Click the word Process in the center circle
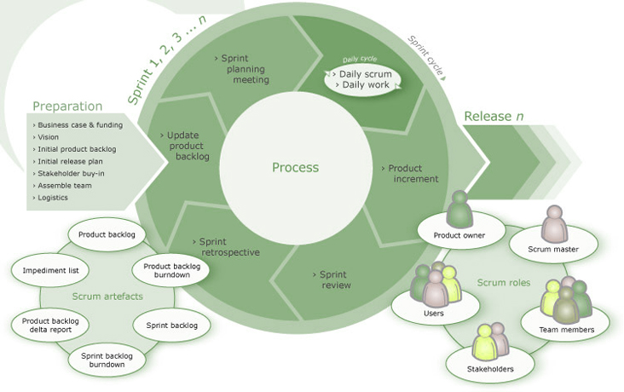(x=295, y=168)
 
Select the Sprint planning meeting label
(x=242, y=69)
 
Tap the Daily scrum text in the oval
(x=366, y=74)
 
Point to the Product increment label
(x=410, y=174)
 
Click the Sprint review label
(x=332, y=280)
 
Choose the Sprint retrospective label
(x=226, y=247)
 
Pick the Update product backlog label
(x=185, y=146)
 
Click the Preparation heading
(x=67, y=107)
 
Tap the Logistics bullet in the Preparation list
(x=50, y=198)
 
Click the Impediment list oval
(x=50, y=270)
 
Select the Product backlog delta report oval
(x=50, y=326)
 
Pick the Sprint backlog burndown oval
(x=107, y=360)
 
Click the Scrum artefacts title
(x=107, y=297)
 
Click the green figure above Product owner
(x=459, y=209)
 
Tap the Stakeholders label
(x=490, y=369)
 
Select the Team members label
(x=567, y=330)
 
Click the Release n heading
(x=494, y=116)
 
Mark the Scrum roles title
(x=504, y=283)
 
